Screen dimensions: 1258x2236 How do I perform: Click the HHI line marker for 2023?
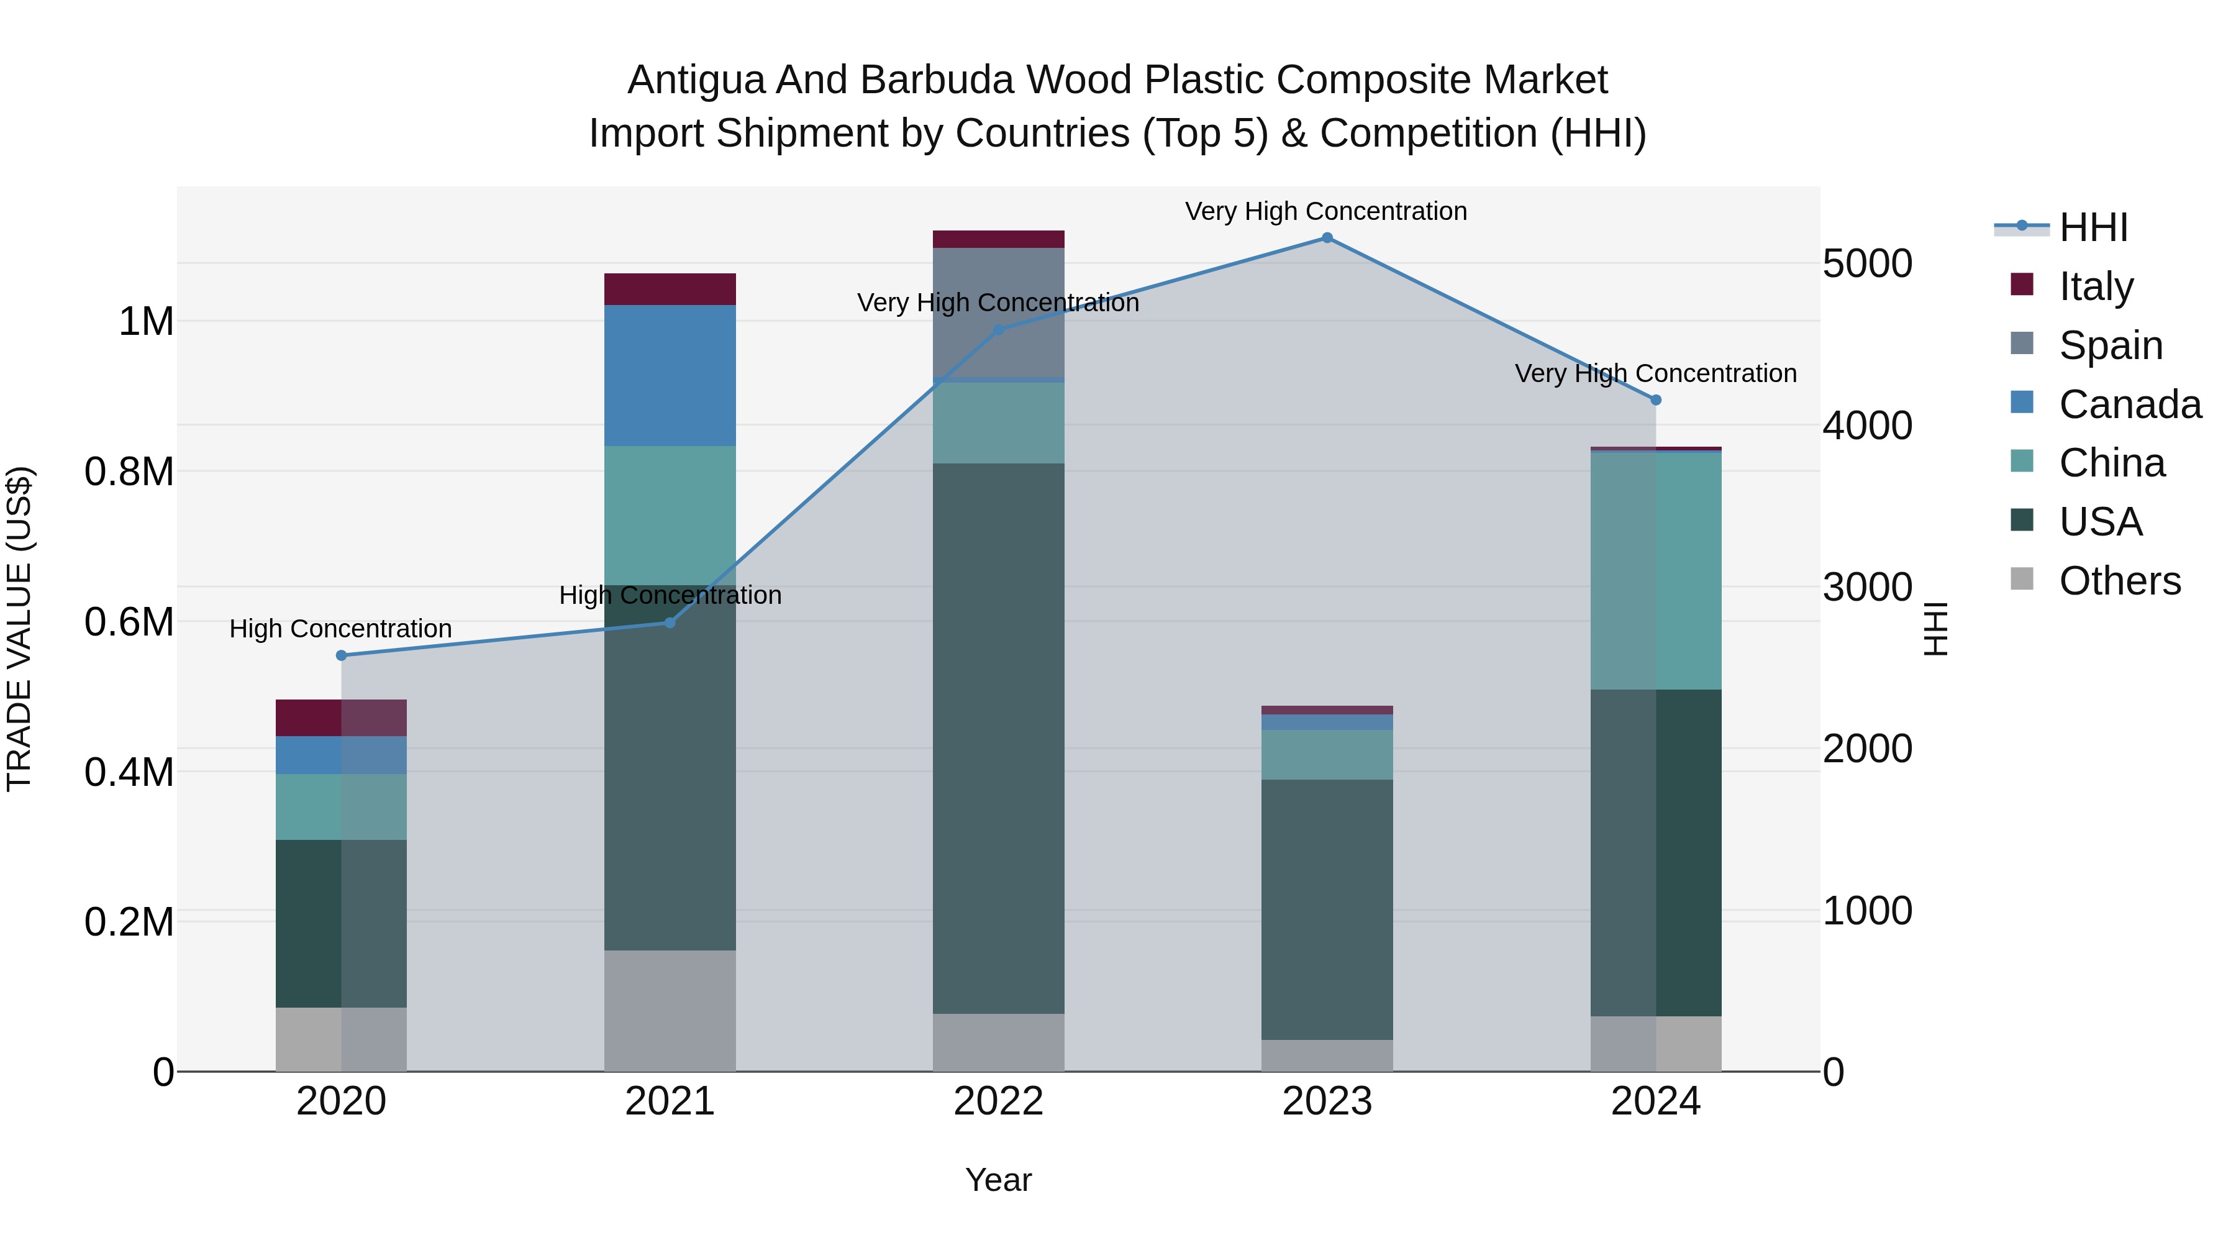pos(1326,238)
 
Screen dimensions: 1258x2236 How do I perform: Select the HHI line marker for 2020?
pos(341,655)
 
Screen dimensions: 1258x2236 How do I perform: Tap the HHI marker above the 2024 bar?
pos(1655,400)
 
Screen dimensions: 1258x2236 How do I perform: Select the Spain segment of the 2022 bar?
pos(998,314)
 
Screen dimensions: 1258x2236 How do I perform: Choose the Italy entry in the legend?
pos(2096,286)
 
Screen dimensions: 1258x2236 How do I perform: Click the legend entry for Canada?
pos(2129,404)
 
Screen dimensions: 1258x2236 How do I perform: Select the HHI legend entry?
pos(2093,227)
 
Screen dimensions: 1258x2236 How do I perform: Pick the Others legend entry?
pos(2119,581)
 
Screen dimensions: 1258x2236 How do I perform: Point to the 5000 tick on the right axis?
pos(1867,264)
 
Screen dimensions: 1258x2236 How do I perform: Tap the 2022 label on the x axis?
pos(998,1101)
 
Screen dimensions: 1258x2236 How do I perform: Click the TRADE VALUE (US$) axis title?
pos(20,629)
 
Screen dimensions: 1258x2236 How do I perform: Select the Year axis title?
pos(998,1180)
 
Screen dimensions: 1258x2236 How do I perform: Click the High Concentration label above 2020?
pos(341,629)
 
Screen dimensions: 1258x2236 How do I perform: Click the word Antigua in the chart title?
pos(696,80)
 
